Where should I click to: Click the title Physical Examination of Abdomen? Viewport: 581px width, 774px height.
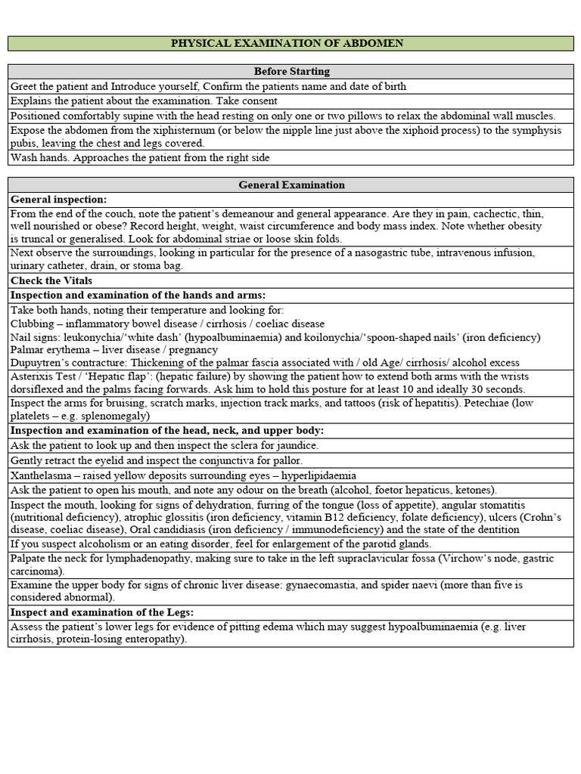(x=287, y=43)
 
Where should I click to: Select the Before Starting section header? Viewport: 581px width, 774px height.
(x=291, y=71)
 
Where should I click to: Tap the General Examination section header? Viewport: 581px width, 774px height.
(x=291, y=184)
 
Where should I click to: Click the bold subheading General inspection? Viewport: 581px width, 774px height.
(x=58, y=199)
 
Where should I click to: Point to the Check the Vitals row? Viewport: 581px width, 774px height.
(x=47, y=280)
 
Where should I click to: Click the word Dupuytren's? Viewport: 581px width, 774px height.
(x=42, y=363)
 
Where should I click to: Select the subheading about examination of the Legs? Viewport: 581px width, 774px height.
(x=102, y=612)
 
